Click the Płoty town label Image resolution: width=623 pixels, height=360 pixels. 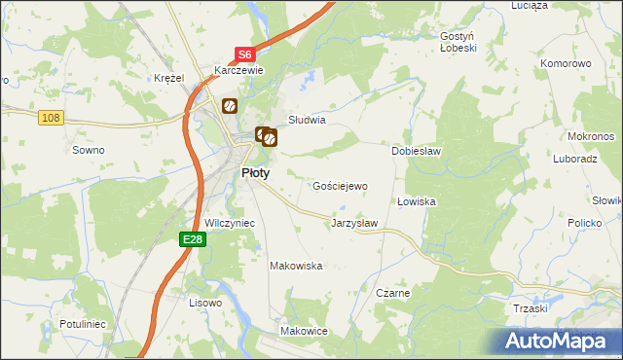pos(255,172)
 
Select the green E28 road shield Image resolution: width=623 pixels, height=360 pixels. pos(192,238)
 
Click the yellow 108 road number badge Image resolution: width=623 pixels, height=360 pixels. pos(52,118)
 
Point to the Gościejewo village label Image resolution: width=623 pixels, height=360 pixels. pos(339,186)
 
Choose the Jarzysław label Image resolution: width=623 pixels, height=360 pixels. pos(354,223)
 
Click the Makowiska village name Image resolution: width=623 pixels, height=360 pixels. pos(296,266)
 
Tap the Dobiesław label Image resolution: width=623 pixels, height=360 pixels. pos(418,152)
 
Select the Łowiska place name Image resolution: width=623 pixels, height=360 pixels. pos(416,201)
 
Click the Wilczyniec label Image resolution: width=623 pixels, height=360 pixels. pos(230,223)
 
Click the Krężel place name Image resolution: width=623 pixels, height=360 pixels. pos(169,78)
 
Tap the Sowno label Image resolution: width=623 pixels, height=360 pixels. pos(89,150)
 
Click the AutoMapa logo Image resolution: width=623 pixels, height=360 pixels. pos(556,341)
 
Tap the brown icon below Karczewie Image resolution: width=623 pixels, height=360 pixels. pos(230,105)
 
